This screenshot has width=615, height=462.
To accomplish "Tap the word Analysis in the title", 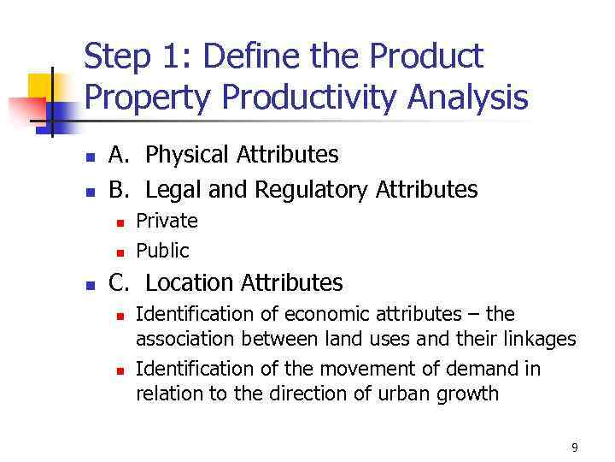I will click(x=467, y=98).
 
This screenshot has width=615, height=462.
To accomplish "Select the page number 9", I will click(x=574, y=447).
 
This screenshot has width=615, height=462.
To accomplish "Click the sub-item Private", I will click(x=167, y=222).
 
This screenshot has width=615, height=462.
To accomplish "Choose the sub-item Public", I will click(x=162, y=251).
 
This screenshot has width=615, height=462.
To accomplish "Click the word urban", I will click(x=414, y=394).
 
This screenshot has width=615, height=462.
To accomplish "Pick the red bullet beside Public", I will click(x=120, y=252).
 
